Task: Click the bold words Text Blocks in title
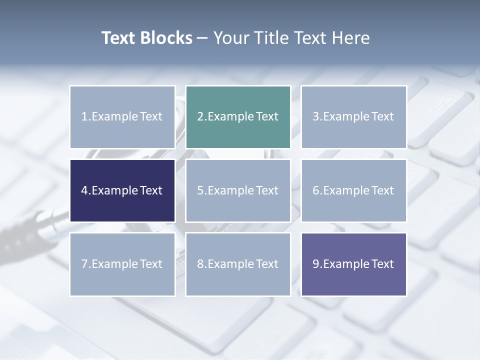146,38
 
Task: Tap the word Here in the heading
351,38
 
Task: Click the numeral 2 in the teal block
200,116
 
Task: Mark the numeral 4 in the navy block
84,190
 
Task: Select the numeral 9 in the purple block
316,264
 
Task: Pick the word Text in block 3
382,116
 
